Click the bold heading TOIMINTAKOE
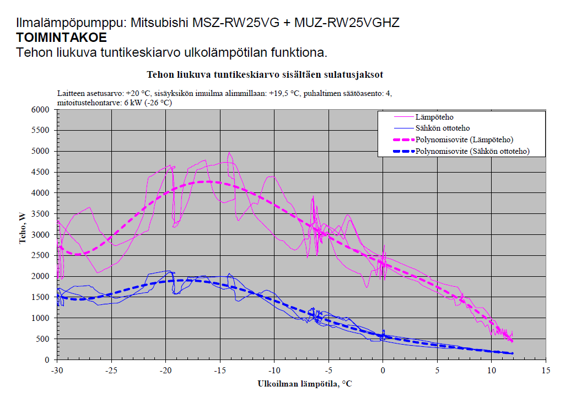(62, 38)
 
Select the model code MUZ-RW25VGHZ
(347, 23)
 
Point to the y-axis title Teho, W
(23, 234)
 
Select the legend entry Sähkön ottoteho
(443, 128)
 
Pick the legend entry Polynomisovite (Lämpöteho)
(466, 140)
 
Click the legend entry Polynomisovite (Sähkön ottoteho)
(472, 151)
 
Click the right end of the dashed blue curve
(512, 353)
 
